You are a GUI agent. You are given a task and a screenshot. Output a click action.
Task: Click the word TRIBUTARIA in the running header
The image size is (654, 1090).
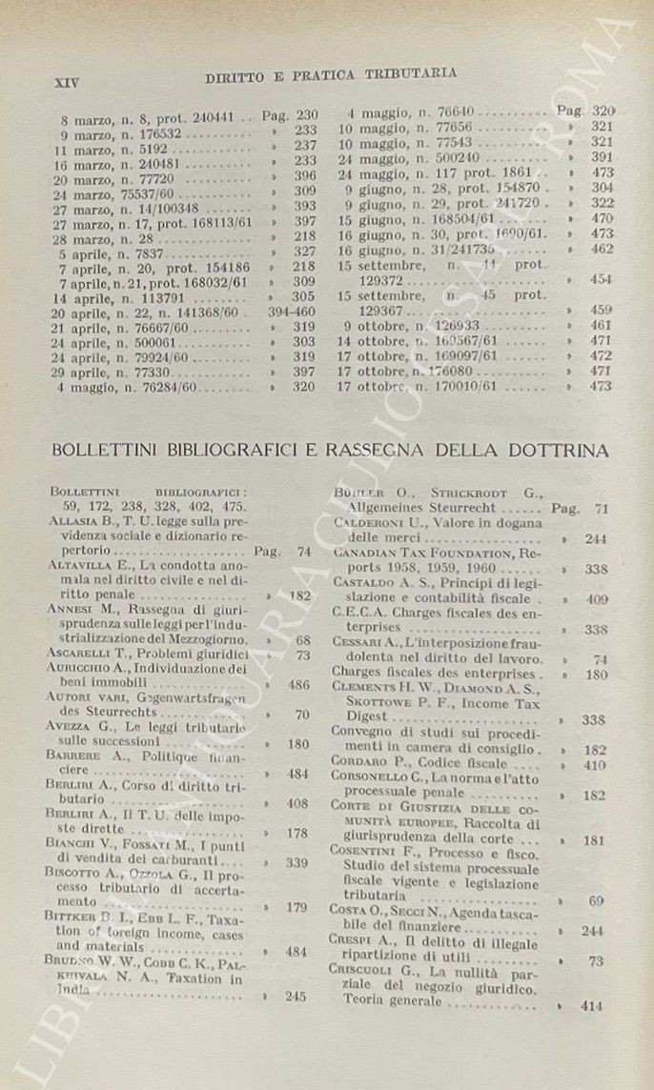(x=411, y=72)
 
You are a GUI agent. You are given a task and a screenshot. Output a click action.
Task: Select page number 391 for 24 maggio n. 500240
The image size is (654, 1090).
(x=602, y=157)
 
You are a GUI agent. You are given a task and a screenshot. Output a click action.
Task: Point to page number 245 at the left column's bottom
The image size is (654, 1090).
(x=296, y=996)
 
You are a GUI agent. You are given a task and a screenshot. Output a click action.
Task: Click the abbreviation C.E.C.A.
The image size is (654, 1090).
(x=358, y=614)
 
